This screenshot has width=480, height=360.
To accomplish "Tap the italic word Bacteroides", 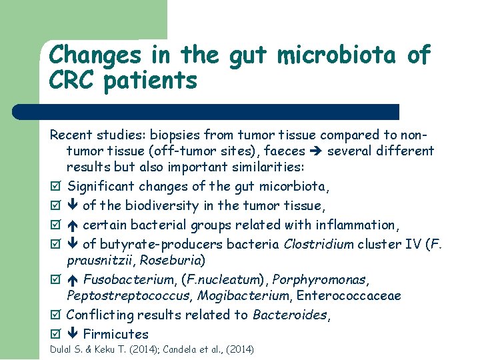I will click(x=289, y=314).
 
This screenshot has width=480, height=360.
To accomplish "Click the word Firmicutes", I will click(x=115, y=334).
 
